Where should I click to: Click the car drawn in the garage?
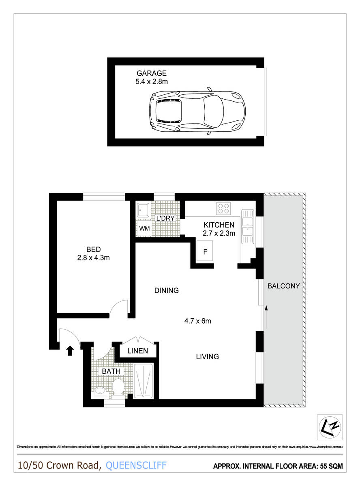[x=197, y=111]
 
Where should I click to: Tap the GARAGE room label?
[x=151, y=73]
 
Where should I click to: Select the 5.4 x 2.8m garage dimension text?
[x=151, y=81]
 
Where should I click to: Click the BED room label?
[x=93, y=249]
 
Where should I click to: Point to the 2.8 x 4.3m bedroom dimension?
[x=93, y=257]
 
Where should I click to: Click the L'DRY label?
[x=165, y=218]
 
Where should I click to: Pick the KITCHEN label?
[x=219, y=225]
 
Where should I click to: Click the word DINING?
[x=166, y=290]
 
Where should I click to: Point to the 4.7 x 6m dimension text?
[x=198, y=321]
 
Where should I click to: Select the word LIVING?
[x=207, y=357]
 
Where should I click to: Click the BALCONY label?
[x=284, y=286]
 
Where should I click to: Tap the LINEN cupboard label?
[x=138, y=351]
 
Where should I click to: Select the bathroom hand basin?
[x=100, y=392]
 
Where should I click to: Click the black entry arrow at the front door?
[x=70, y=350]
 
